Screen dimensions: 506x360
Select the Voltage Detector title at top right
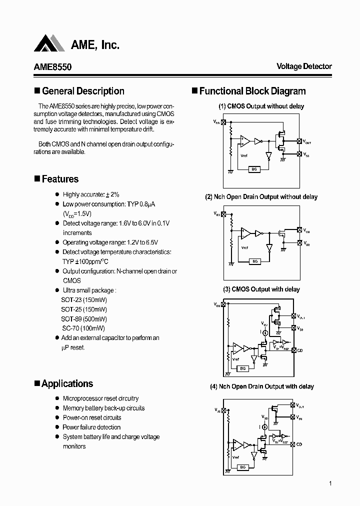(304, 66)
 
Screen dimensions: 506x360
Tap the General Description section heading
(83, 91)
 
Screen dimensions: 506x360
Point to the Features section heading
(60, 179)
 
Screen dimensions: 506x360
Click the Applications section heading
(67, 383)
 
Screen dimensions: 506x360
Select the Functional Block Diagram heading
(252, 91)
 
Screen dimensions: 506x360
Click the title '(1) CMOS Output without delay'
(261, 106)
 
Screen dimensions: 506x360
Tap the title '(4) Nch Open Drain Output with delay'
(261, 386)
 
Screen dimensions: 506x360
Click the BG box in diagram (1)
(254, 169)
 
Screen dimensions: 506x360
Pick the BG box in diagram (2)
(254, 261)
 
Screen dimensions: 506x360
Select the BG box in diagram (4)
(242, 467)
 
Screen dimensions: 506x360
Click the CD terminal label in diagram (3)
(300, 350)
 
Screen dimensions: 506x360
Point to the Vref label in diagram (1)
(244, 155)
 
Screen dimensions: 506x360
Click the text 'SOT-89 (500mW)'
(84, 319)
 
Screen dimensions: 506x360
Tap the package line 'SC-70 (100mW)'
(83, 328)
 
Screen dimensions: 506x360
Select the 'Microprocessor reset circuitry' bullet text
(100, 398)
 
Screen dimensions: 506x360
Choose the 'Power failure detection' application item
(91, 427)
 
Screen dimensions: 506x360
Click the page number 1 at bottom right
(330, 483)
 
